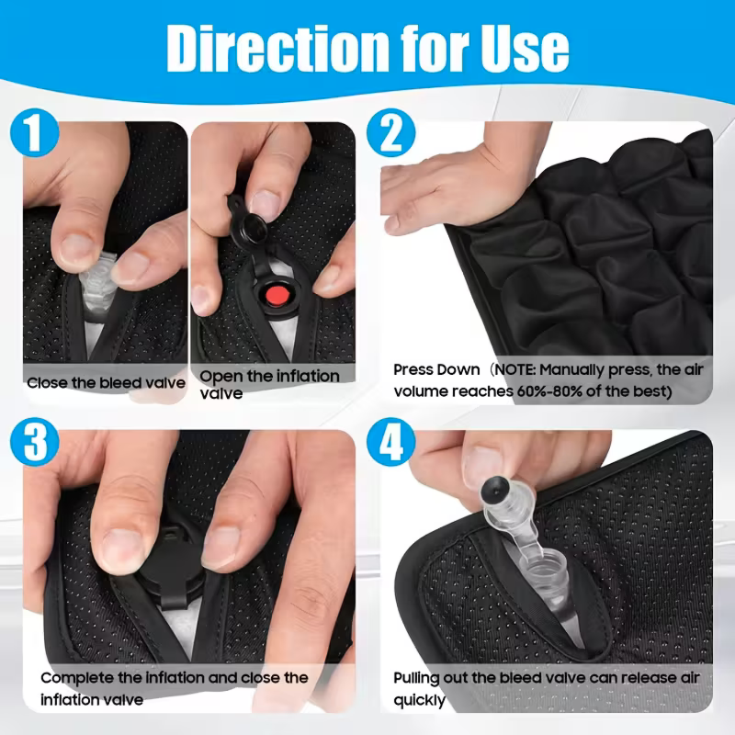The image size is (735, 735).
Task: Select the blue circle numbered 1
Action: pos(34,132)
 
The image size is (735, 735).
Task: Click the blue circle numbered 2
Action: pos(391,132)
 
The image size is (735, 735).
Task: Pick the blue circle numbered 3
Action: pos(34,442)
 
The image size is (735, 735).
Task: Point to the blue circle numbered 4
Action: pos(391,442)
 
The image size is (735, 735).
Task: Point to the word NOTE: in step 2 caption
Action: pos(514,370)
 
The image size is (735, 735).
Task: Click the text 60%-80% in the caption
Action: pos(548,391)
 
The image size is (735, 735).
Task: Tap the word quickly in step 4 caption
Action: pos(420,700)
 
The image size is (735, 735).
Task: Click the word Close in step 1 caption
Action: pos(45,383)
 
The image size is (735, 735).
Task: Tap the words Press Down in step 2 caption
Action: pos(436,370)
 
